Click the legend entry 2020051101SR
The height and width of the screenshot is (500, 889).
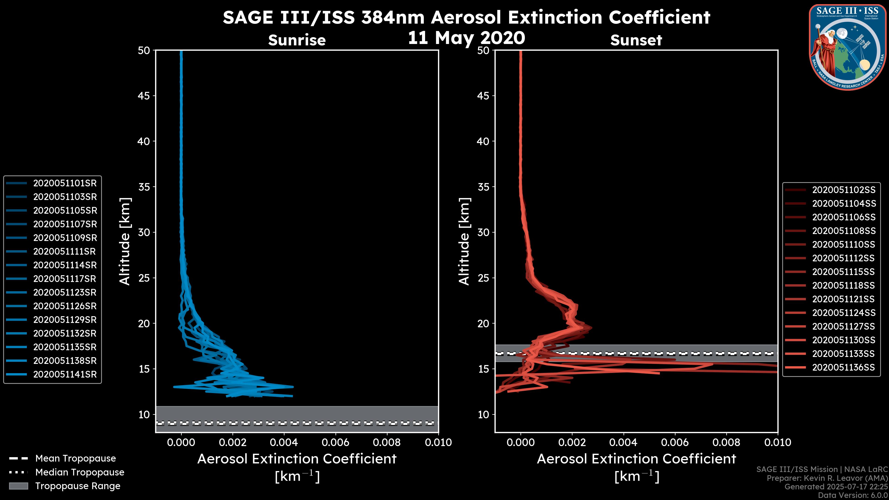(65, 183)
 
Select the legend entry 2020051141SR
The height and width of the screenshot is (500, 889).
(65, 374)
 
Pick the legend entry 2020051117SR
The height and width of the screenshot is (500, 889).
(65, 279)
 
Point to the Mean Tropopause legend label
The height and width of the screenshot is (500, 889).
(75, 458)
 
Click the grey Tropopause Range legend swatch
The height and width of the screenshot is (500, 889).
(19, 486)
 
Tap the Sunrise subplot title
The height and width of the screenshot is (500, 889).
(297, 40)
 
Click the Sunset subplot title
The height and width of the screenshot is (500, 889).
(636, 40)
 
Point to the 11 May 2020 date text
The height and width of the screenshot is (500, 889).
(466, 38)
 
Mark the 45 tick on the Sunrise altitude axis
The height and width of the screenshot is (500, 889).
(144, 96)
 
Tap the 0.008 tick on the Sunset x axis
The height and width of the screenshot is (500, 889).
(726, 442)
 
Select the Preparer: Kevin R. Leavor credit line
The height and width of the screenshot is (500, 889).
(827, 478)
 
